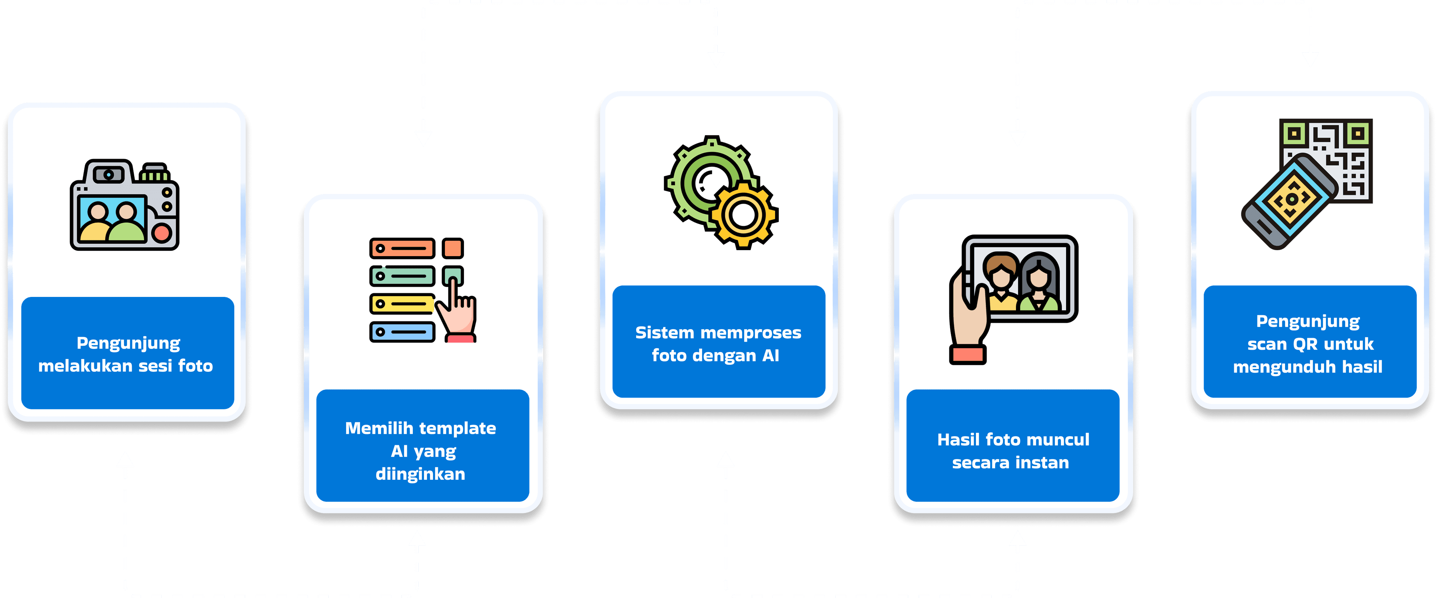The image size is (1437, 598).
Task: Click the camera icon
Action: tap(124, 206)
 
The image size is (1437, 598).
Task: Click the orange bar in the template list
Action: tap(402, 248)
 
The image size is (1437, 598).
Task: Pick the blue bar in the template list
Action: tap(402, 332)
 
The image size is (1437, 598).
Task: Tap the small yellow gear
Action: tap(744, 215)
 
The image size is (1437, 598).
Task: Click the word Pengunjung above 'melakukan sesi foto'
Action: tap(128, 343)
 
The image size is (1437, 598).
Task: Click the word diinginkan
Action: tap(420, 474)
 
